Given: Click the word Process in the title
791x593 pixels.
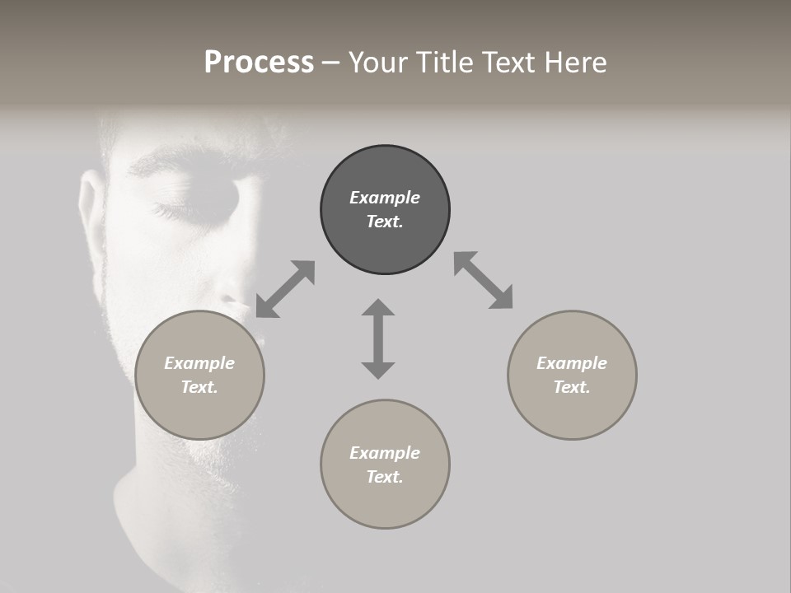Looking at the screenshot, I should pyautogui.click(x=259, y=63).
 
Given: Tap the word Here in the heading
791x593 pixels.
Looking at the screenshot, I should pyautogui.click(x=573, y=63).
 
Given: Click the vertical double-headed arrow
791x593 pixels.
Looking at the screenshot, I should pyautogui.click(x=378, y=339).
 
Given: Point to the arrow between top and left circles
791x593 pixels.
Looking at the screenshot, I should pyautogui.click(x=285, y=288).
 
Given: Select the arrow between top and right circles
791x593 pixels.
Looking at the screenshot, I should pyautogui.click(x=484, y=280).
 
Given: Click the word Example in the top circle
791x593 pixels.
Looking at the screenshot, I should pyautogui.click(x=385, y=198).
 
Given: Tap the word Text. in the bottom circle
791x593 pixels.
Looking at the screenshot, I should pyautogui.click(x=385, y=477).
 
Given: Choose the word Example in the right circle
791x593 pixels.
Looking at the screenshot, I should pyautogui.click(x=572, y=363).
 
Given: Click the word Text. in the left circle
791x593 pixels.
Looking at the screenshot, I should pyautogui.click(x=199, y=387).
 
